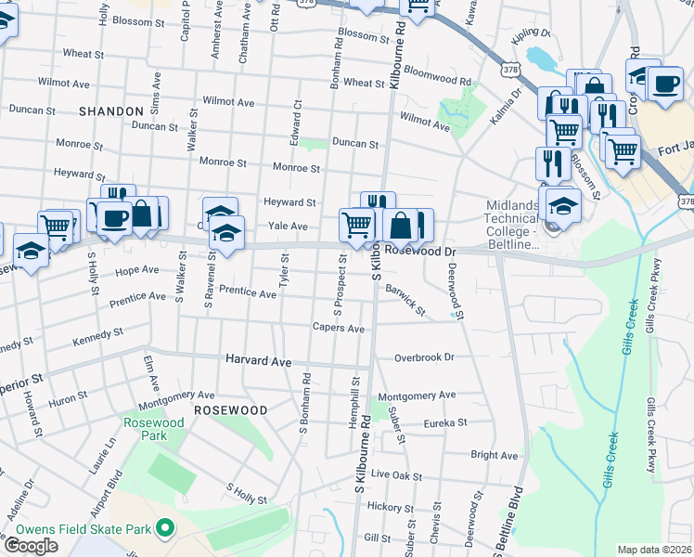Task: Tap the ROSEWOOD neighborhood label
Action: [230, 409]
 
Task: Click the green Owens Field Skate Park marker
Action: [166, 529]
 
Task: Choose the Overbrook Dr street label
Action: [423, 356]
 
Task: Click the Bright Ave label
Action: [494, 456]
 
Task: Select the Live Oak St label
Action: [396, 475]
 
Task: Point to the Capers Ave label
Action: [338, 328]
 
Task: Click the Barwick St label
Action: [405, 300]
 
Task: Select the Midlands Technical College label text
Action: [512, 225]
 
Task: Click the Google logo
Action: [31, 545]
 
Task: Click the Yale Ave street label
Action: [288, 226]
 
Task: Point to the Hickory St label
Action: [389, 507]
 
